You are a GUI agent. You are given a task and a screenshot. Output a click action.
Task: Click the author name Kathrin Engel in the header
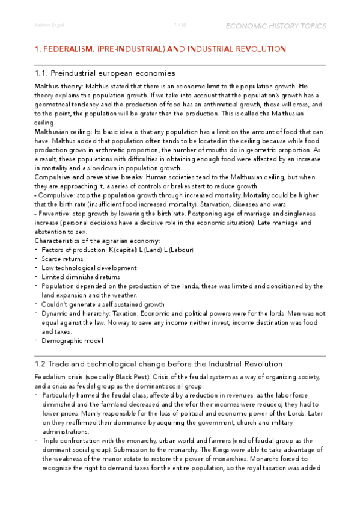click(x=49, y=26)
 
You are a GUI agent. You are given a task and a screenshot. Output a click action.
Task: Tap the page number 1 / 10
click(x=180, y=26)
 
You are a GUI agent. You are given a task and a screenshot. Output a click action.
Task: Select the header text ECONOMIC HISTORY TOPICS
click(x=275, y=26)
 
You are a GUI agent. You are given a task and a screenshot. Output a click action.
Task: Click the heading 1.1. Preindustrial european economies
click(x=105, y=73)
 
